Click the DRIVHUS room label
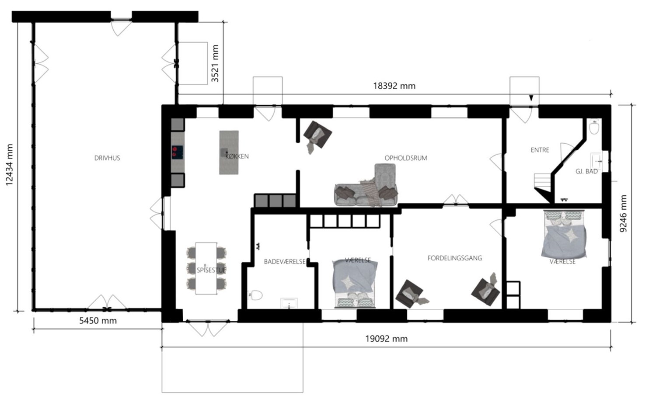107,158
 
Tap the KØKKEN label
237,156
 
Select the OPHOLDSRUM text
405,158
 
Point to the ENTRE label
540,150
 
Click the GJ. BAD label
586,171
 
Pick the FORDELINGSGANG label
454,258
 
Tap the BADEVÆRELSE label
285,262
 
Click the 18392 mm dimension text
394,86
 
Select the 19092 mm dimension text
386,339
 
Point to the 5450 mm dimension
98,321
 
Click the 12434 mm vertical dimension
9,165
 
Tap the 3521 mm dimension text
215,63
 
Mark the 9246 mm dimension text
623,214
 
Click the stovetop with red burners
178,152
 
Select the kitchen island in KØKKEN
229,152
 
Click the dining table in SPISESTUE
206,268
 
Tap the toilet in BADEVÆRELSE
255,295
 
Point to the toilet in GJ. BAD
594,127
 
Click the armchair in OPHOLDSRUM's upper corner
317,135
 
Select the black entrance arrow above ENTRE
531,98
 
